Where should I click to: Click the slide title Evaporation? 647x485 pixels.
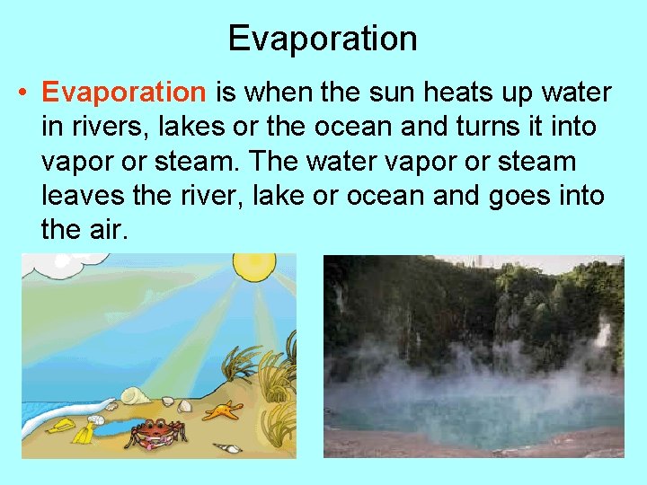[323, 39]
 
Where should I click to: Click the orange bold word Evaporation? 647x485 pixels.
[124, 93]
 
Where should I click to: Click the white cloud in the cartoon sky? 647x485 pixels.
[40, 265]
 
